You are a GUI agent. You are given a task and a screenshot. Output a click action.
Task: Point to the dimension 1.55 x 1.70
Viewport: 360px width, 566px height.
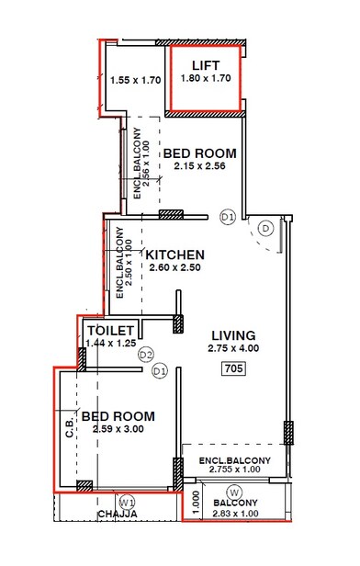click(x=135, y=80)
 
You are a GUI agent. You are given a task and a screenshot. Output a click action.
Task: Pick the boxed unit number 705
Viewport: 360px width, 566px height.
click(x=233, y=368)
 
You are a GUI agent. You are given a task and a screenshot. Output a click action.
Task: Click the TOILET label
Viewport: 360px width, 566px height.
click(x=111, y=330)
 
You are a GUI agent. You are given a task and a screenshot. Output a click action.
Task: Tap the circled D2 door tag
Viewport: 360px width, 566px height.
click(x=145, y=354)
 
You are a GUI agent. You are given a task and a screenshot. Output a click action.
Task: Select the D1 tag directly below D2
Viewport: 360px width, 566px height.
click(x=159, y=370)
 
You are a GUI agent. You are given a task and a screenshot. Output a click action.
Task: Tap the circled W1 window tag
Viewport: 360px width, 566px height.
click(x=129, y=502)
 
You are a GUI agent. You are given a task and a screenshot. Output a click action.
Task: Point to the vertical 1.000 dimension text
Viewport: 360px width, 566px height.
click(x=195, y=503)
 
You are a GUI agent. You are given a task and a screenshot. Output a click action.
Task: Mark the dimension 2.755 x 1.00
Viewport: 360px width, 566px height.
click(x=235, y=470)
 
